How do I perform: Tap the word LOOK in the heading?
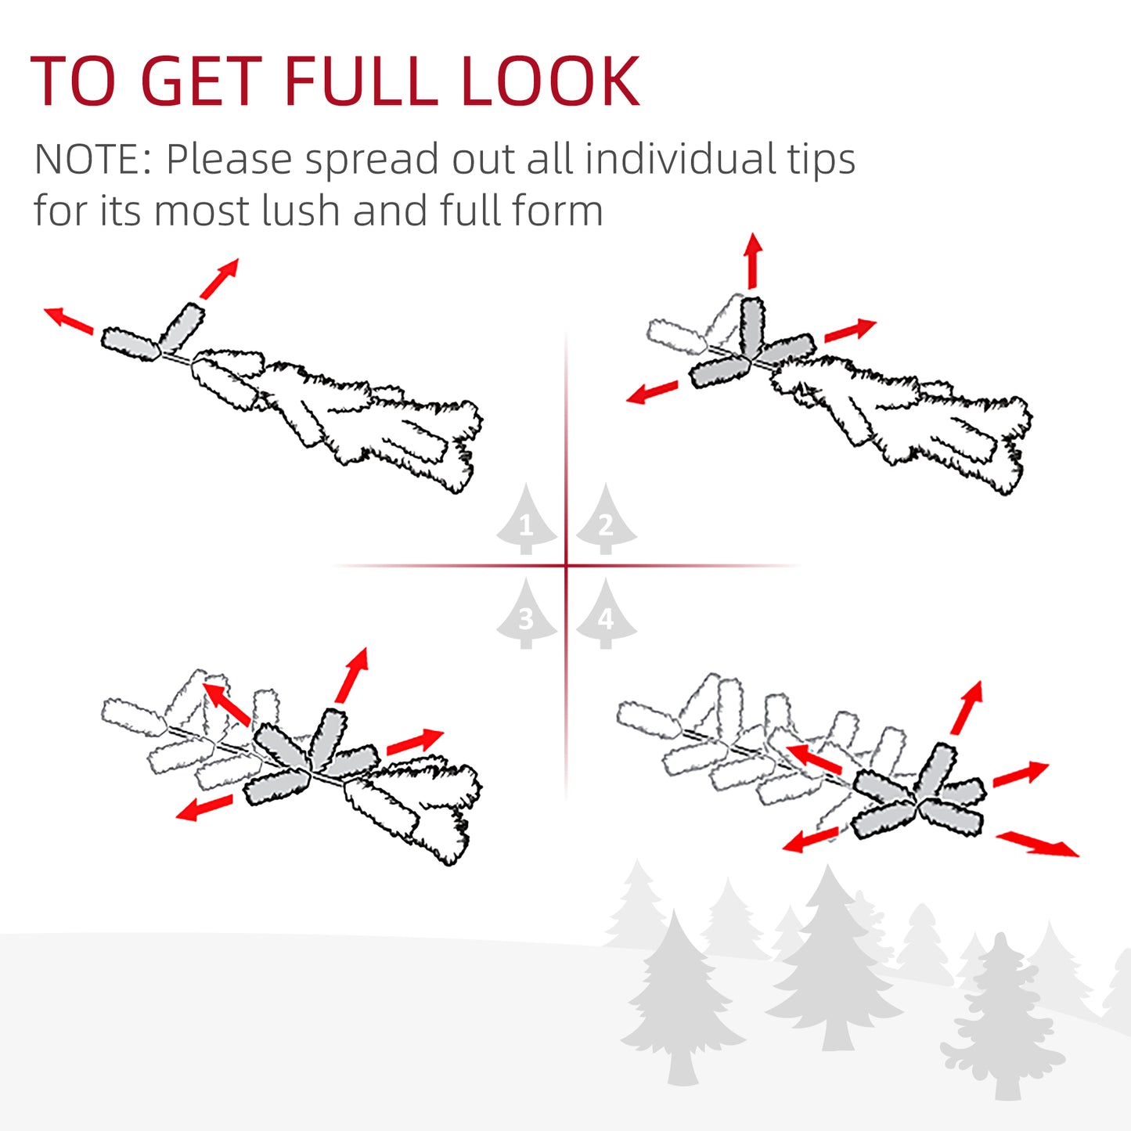point(550,81)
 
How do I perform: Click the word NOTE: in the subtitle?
point(93,159)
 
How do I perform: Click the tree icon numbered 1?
point(526,520)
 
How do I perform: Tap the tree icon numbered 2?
point(607,520)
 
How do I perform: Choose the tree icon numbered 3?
point(526,615)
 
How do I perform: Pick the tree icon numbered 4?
point(607,615)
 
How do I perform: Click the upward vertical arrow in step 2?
point(753,261)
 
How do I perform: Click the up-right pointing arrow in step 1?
point(219,279)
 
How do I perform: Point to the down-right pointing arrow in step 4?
point(1038,844)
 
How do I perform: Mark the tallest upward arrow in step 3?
point(351,675)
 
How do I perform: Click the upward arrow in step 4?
point(967,708)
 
